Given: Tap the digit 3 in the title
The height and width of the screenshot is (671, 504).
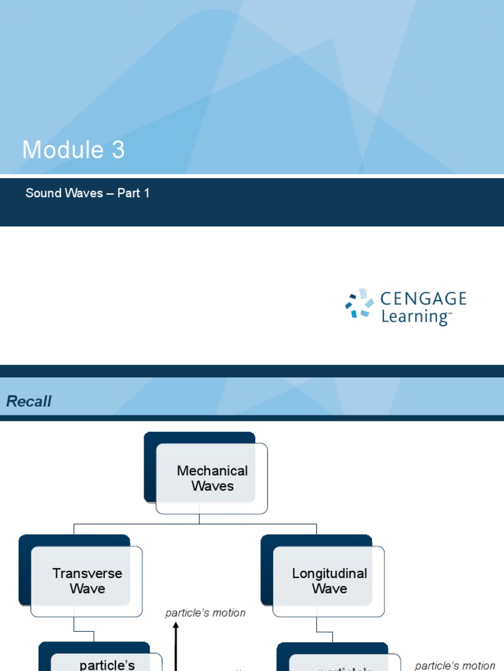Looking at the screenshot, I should [117, 150].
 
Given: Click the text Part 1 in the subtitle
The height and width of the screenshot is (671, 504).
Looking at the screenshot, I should [133, 193].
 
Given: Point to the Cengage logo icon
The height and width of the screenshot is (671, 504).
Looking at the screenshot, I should [359, 303].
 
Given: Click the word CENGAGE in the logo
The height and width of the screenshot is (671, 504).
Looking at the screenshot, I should [423, 299].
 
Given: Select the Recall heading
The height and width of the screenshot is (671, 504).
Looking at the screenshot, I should [29, 402].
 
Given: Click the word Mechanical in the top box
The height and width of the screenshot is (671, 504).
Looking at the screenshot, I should [212, 470].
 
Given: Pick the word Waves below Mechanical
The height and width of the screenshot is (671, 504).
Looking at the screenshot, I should [212, 486].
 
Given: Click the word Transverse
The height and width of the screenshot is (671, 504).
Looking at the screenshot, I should [87, 573].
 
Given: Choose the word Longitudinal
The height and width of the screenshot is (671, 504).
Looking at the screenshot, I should [329, 573].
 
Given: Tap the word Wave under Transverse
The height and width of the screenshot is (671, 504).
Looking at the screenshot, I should [87, 588].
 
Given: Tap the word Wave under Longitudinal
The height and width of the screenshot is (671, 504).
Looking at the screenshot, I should [329, 588].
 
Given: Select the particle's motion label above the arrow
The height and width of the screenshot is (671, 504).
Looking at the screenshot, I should [205, 613].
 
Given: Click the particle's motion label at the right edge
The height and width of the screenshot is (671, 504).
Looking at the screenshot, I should [455, 666].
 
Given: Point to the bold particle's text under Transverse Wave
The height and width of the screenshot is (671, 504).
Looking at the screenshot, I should [107, 665].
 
